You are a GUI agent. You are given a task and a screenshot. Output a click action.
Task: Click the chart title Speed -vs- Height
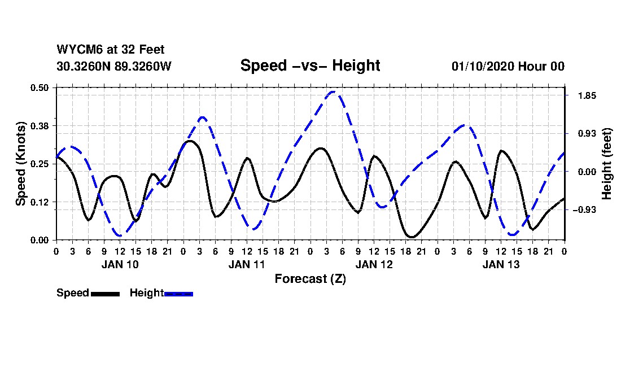click(310, 65)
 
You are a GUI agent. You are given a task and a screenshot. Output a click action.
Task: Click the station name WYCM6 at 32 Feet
click(111, 50)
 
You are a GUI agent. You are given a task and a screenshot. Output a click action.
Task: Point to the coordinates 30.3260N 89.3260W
click(114, 66)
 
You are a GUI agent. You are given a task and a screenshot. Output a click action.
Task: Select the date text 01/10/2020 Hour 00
click(508, 66)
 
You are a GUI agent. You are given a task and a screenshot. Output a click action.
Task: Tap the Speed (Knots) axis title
click(21, 163)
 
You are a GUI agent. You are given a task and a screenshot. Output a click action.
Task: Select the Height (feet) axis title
click(607, 164)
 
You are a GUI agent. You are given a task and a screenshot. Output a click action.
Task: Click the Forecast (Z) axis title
click(310, 278)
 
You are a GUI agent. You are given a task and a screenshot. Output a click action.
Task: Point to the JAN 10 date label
click(120, 264)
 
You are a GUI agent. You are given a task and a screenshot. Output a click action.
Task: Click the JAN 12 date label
click(374, 264)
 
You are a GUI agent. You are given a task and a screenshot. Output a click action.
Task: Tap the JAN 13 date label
click(501, 264)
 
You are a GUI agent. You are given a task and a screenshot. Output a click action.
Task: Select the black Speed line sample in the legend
click(105, 294)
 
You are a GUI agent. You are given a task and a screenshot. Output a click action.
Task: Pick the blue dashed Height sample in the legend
click(178, 294)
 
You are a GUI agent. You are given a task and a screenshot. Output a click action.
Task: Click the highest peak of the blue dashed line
click(334, 91)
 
